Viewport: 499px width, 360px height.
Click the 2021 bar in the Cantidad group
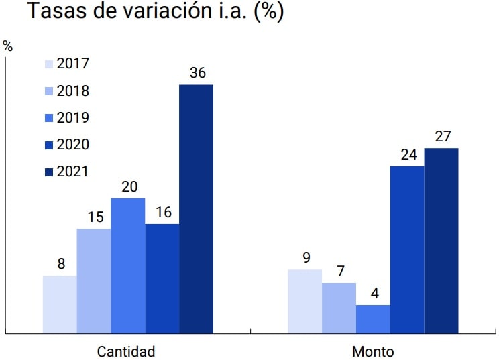[x=196, y=208]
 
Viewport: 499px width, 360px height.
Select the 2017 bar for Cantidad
[x=60, y=304]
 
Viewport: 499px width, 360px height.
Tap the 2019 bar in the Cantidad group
[x=128, y=265]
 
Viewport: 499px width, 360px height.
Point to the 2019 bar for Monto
[x=373, y=318]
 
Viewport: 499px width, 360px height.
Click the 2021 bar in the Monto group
[x=441, y=240]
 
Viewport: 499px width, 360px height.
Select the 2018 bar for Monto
[x=339, y=308]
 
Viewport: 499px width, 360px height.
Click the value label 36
[x=197, y=74]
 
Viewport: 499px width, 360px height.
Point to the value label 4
[x=374, y=294]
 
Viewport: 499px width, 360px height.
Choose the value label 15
[x=95, y=218]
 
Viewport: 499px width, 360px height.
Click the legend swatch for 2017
[x=48, y=64]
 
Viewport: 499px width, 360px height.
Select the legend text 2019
[x=73, y=118]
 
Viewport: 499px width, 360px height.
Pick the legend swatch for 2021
[x=48, y=172]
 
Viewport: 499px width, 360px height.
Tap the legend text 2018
[x=73, y=91]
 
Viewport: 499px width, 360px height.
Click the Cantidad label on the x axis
[x=126, y=351]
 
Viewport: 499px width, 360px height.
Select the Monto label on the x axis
[x=373, y=351]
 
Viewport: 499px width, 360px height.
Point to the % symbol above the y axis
[x=8, y=46]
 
